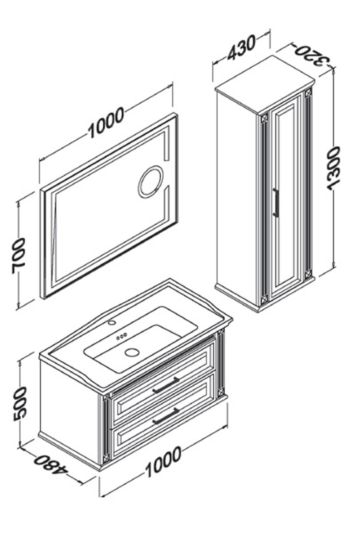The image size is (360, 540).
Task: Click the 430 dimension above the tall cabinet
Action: click(x=241, y=48)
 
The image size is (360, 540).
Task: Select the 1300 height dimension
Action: click(x=334, y=169)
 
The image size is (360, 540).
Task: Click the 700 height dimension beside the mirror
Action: click(x=19, y=256)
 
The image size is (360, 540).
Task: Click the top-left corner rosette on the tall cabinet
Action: click(x=265, y=118)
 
